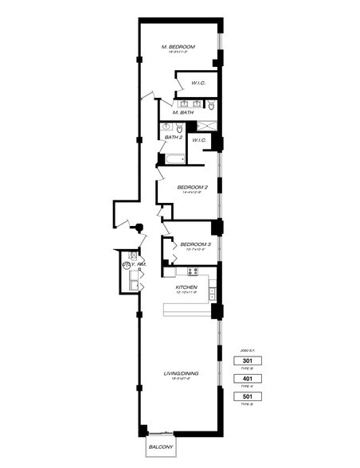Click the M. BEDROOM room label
point(178,47)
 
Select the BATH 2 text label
point(174,138)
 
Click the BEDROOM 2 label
point(194,187)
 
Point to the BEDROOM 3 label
point(194,244)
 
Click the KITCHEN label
point(186,287)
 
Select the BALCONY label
point(162,447)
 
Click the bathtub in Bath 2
point(174,158)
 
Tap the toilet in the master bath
point(211,105)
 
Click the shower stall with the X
point(206,126)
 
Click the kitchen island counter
point(189,310)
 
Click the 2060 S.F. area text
point(246,349)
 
